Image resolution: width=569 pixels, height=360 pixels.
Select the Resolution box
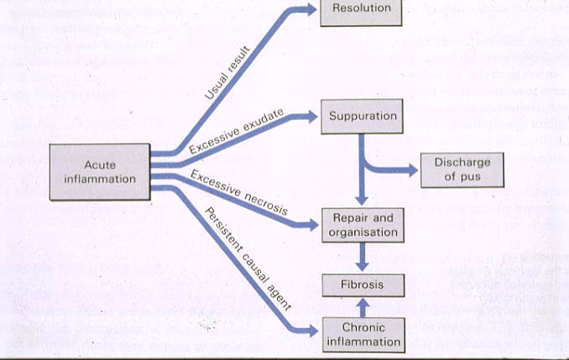point(362,9)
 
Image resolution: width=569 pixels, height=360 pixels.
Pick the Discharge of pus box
point(462,169)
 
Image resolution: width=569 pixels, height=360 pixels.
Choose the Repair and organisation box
point(362,225)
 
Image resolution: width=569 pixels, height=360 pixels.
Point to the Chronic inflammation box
point(362,334)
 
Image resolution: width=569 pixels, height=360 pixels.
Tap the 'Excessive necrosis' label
point(239,191)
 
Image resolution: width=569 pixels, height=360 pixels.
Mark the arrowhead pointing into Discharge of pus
point(410,170)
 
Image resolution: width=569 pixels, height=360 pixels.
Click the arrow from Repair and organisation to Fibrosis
point(362,256)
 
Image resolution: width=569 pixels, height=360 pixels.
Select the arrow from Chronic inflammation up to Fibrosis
point(362,308)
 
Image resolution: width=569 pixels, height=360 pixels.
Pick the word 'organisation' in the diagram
point(362,232)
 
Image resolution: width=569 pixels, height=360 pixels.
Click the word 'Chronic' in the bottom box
point(363,327)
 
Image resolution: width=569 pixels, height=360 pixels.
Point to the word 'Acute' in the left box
point(99,164)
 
